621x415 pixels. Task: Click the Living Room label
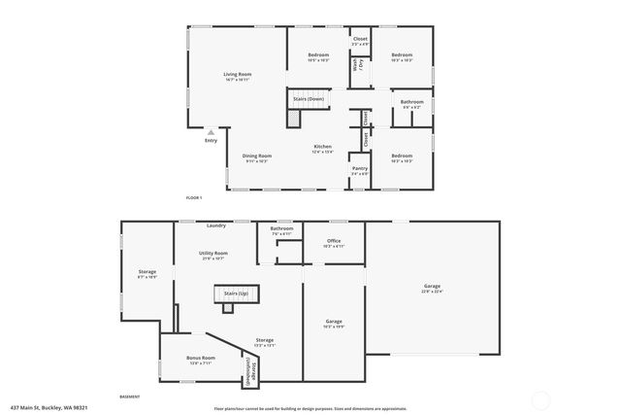(238, 75)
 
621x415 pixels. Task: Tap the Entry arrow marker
(211, 132)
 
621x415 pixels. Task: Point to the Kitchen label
(322, 148)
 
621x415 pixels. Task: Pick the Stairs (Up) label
(236, 293)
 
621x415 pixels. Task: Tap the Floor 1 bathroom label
(411, 101)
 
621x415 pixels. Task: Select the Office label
(333, 241)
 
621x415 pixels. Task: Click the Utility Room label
(212, 254)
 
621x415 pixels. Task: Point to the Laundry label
(216, 225)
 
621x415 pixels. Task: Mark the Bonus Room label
(201, 358)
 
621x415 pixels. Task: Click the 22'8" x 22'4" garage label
(432, 286)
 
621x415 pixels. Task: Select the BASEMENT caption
(129, 397)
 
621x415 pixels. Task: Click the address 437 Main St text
(43, 408)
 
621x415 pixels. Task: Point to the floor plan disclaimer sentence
(310, 408)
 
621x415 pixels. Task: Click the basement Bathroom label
(282, 229)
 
